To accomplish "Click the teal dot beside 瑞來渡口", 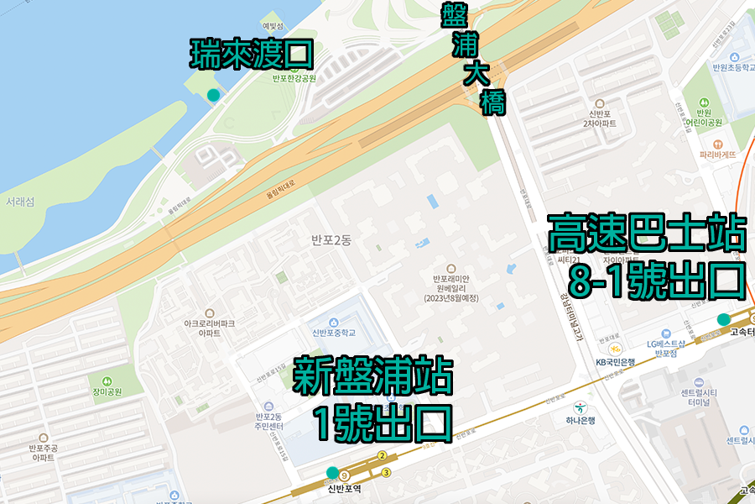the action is [214, 95].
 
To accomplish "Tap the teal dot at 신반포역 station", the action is [333, 472].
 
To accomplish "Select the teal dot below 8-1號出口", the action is [723, 319].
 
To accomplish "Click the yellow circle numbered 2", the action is [382, 456].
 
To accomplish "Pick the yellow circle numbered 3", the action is [386, 472].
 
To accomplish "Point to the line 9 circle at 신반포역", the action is [344, 476].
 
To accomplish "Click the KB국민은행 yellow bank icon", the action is [615, 348].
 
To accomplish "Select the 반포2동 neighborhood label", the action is [331, 241].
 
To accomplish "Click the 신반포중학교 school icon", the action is [336, 323].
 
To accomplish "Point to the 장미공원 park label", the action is [107, 391].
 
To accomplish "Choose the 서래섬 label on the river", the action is [20, 202].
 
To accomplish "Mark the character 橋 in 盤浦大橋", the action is [492, 102].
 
